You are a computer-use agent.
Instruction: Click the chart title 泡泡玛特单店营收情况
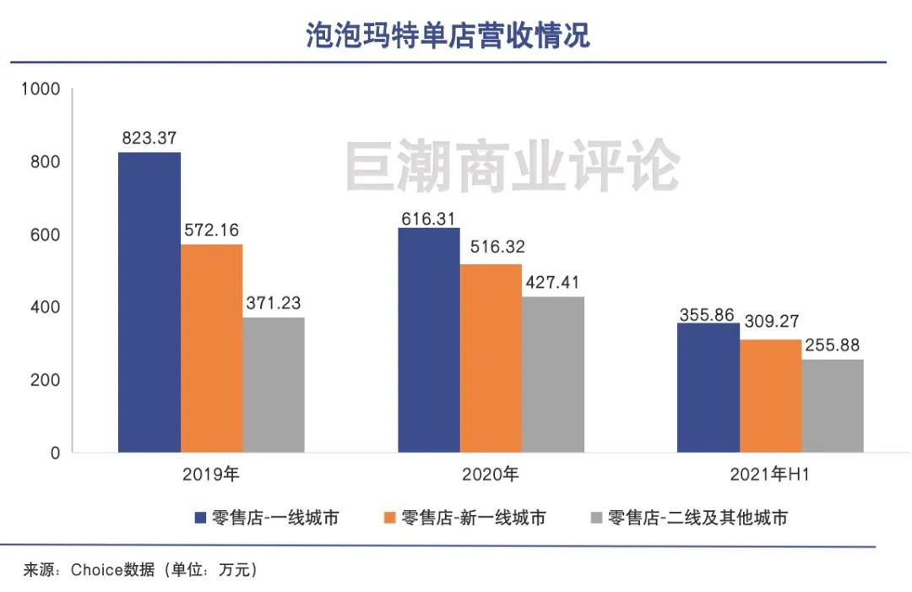coord(448,36)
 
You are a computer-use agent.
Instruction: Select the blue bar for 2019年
coord(149,302)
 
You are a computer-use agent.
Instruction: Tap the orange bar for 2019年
coord(212,348)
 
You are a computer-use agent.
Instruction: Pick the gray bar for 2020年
coord(553,374)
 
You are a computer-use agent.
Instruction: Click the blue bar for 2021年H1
coord(709,388)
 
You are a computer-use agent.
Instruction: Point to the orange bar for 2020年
coord(491,358)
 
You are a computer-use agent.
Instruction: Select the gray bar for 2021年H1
coord(833,405)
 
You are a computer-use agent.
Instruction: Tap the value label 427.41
coord(552,283)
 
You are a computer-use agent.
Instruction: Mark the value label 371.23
coord(274,303)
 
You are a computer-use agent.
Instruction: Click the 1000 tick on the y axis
coord(41,89)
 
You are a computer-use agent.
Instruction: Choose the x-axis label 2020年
coord(491,475)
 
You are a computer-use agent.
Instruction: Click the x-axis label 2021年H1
coord(770,475)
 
